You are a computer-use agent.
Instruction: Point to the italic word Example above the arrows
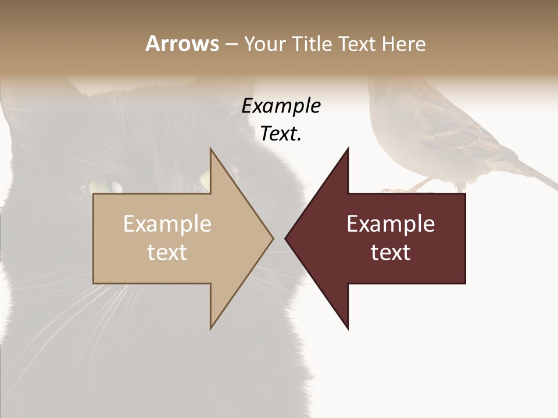click(281, 106)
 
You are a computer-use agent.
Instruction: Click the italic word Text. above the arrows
click(281, 134)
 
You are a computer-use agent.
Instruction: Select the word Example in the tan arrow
click(167, 224)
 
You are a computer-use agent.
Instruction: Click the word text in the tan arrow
click(167, 252)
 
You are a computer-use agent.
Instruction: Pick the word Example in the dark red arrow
click(391, 224)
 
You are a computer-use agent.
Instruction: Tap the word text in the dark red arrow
click(391, 252)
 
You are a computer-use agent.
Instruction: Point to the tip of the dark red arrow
click(285, 238)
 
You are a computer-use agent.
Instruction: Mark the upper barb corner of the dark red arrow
click(348, 149)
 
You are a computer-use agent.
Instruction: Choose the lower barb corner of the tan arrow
click(211, 329)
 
